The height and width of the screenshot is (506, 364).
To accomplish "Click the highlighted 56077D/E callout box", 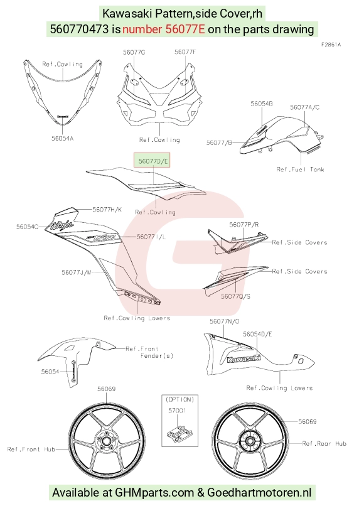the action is [x=152, y=160].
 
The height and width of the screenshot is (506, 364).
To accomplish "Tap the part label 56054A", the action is [x=63, y=139].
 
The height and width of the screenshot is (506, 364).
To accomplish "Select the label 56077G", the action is [x=134, y=52].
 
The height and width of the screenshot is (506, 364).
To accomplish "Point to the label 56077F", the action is [x=185, y=52].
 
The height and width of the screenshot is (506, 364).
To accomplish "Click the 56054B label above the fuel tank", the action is [x=262, y=104].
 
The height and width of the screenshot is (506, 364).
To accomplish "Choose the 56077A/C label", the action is [x=304, y=107].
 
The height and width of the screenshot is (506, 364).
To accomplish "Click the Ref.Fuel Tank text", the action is [x=301, y=169].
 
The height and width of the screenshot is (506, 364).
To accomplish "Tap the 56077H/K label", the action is [x=107, y=210].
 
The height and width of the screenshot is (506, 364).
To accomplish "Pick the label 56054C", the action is [x=27, y=227].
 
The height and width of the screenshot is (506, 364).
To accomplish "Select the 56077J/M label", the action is [x=77, y=272].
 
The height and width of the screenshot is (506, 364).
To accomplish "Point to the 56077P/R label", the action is [x=244, y=225].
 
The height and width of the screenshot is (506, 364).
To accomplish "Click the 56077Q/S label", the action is [x=235, y=296].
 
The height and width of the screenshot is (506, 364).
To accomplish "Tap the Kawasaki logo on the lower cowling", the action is [x=244, y=358].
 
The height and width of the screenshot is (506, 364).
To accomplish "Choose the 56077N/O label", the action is [x=225, y=321].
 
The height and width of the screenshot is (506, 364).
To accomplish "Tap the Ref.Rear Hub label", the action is [x=324, y=443].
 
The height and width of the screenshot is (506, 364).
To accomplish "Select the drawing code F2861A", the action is [x=331, y=45].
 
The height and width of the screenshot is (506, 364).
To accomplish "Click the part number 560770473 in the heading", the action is [x=79, y=30].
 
